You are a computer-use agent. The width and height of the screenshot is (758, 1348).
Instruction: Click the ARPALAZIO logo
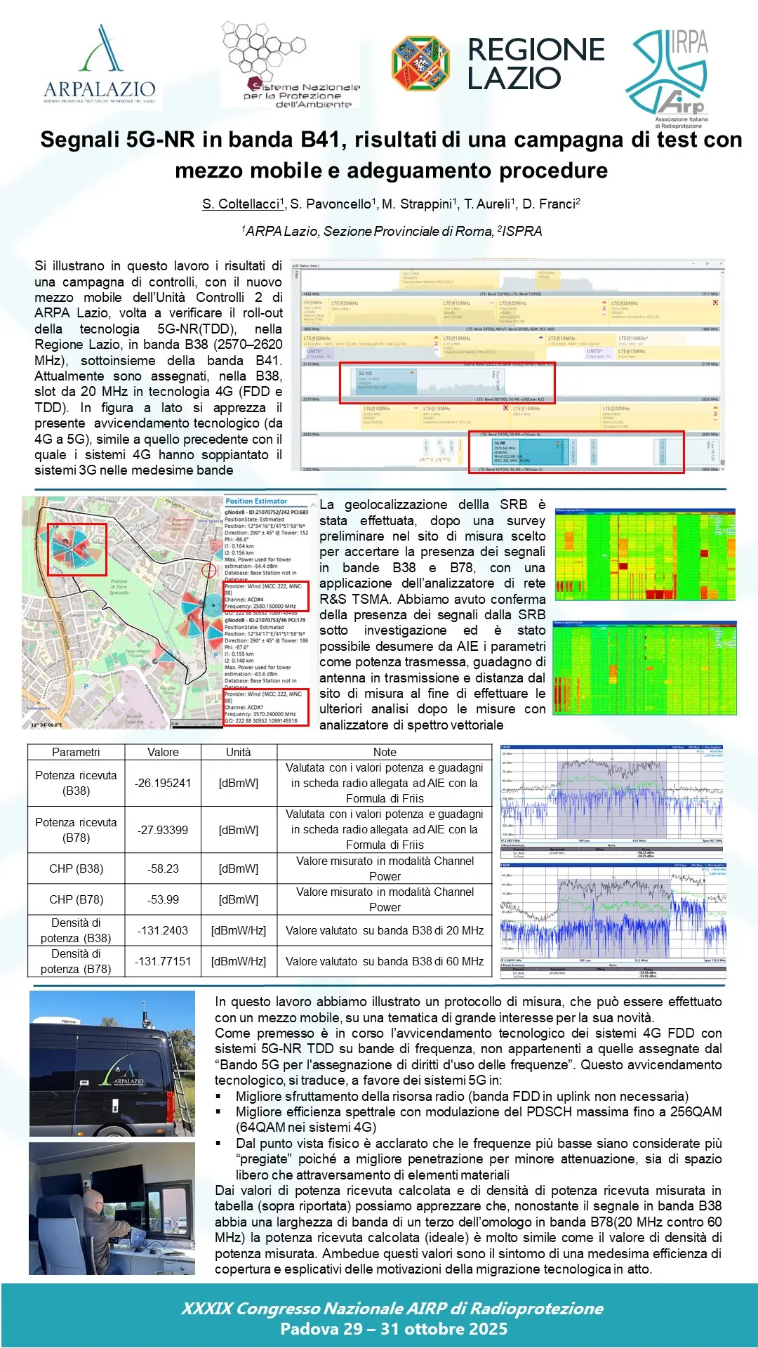click(99, 67)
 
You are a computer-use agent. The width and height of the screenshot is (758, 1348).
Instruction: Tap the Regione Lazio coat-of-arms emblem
click(420, 64)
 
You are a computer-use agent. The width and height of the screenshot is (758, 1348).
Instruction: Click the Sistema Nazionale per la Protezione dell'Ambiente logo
click(290, 65)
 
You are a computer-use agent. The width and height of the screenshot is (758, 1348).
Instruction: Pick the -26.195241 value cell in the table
click(163, 783)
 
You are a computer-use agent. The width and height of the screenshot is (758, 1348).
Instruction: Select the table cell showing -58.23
click(163, 868)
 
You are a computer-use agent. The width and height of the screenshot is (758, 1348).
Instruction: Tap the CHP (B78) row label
click(76, 899)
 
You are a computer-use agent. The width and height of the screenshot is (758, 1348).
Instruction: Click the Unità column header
click(238, 752)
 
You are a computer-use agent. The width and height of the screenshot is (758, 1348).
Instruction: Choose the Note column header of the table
click(384, 752)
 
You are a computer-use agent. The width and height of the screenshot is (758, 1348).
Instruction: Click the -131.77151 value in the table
click(163, 961)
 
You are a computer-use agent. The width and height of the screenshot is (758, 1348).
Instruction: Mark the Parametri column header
click(76, 752)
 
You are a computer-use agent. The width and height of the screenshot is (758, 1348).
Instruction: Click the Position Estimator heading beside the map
click(256, 501)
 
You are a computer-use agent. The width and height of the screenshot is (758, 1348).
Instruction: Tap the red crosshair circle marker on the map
click(209, 570)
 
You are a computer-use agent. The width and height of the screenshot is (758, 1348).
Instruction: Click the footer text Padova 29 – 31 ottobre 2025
click(393, 1329)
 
